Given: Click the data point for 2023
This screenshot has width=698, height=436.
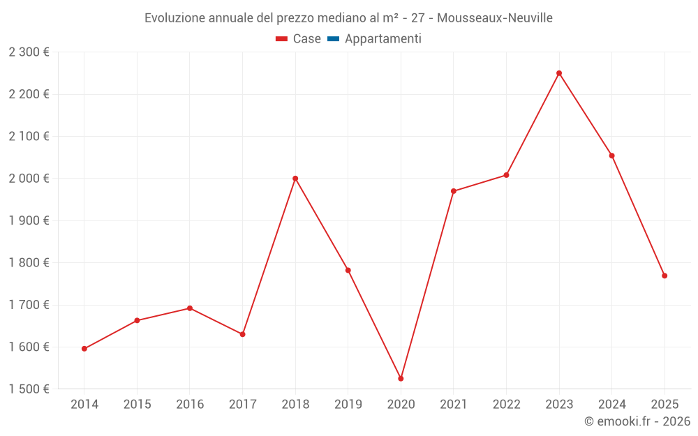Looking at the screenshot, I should (559, 73).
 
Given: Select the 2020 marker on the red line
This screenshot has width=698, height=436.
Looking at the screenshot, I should (401, 378).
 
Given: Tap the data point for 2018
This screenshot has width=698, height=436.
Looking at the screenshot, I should (295, 179).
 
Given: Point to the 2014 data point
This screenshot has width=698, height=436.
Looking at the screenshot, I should (84, 349).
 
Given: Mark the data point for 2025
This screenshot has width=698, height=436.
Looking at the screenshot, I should (664, 276).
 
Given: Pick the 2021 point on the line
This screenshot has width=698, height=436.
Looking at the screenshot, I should (454, 191).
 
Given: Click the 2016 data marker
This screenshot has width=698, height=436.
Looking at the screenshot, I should (190, 308).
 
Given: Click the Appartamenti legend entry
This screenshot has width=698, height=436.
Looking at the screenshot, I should (383, 39).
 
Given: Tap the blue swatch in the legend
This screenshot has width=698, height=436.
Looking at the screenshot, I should (333, 39).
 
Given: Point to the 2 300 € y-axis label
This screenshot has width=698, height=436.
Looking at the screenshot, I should (29, 52).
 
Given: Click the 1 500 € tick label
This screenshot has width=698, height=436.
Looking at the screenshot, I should (29, 389).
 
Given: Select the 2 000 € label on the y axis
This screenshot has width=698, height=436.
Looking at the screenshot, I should (29, 179).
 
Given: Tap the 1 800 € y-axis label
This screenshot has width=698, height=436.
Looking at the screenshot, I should (29, 263).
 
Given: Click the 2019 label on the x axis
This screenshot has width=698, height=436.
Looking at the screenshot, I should (348, 404).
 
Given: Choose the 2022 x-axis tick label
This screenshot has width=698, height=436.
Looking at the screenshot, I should (506, 404).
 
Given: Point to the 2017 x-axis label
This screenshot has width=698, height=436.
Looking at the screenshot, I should (242, 404).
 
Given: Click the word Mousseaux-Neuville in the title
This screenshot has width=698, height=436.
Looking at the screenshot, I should (495, 18).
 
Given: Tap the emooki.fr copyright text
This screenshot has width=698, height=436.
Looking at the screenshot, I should (637, 421).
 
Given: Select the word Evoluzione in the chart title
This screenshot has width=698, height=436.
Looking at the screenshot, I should (175, 18).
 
